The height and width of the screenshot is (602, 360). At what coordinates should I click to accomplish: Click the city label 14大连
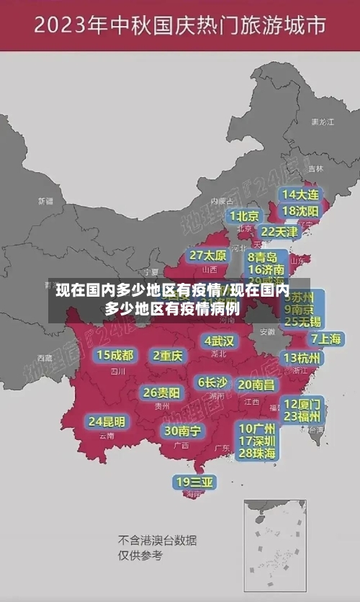point(300,194)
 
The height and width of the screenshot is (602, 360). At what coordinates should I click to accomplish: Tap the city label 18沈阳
point(300,211)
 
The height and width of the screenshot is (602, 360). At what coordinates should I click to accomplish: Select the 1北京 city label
point(244,215)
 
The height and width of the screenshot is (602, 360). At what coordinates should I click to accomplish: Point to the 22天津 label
point(279,232)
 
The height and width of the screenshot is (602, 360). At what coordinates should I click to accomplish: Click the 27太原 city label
point(208,256)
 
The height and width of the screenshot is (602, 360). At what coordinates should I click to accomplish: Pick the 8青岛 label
point(262,256)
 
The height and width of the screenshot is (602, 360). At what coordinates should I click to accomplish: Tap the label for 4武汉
point(219,341)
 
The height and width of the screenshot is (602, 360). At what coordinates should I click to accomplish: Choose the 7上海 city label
point(326,339)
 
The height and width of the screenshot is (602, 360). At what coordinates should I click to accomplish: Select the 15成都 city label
point(115,355)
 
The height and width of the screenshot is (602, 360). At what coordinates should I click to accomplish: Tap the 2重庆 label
point(168,355)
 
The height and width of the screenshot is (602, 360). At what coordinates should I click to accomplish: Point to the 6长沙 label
point(212,382)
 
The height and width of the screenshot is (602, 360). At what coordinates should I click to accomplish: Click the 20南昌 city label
point(256,385)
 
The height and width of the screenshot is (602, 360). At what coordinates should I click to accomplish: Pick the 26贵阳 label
point(161,393)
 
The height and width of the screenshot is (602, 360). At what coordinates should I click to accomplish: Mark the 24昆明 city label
point(107,421)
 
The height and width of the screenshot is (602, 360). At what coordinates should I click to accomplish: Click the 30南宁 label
point(182,431)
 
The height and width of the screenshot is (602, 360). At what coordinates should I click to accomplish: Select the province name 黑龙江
point(322,122)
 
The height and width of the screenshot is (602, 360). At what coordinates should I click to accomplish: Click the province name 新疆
point(45,202)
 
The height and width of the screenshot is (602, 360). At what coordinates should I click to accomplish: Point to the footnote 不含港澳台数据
point(157,540)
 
